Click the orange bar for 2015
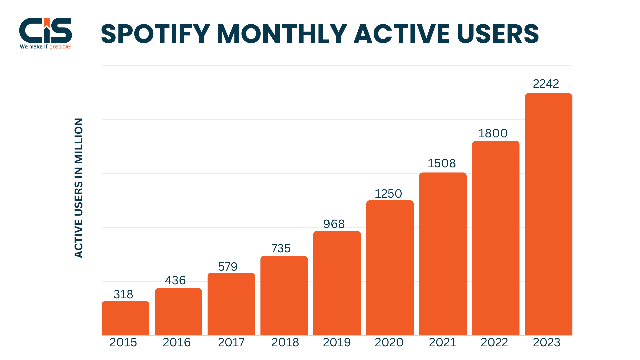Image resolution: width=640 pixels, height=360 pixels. pos(125,318)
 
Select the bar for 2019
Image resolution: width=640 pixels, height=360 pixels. pos(337,283)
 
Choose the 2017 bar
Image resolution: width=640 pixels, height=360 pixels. pos(231,304)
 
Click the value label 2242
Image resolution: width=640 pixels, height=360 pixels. pos(546,84)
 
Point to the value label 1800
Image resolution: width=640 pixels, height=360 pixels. pos(493,133)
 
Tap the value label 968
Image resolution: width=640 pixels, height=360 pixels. pos(334,224)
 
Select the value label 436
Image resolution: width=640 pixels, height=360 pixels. pos(175,280)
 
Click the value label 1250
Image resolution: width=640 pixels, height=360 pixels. pos(388,194)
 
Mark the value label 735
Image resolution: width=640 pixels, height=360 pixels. pos(281,248)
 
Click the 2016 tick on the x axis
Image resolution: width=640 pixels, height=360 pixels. pos(177,342)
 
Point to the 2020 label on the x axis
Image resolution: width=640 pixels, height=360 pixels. pos(389,342)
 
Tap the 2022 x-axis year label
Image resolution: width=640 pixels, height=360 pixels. pos(494,342)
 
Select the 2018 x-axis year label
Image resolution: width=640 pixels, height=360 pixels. pos(285,342)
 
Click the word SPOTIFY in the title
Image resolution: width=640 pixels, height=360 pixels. pos(155,34)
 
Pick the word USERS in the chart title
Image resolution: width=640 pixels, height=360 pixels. pos(498,34)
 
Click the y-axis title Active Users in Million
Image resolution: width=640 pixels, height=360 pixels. pos(79,188)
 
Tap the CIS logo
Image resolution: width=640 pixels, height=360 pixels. pos(46,31)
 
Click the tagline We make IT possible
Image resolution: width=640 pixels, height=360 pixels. pos(46,47)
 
